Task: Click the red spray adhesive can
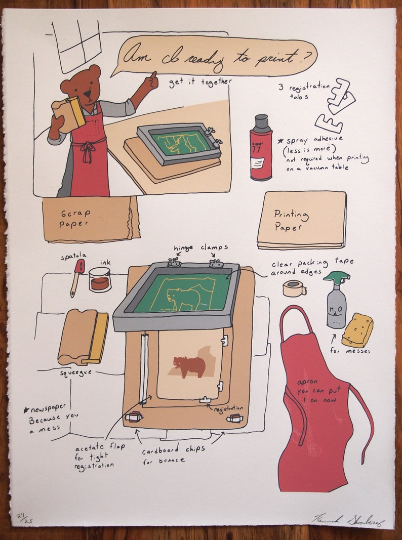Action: tap(261, 148)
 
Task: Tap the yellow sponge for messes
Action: tap(357, 330)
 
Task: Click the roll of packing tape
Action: tap(294, 288)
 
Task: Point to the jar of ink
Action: tap(100, 279)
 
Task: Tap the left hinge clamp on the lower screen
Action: tap(174, 262)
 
